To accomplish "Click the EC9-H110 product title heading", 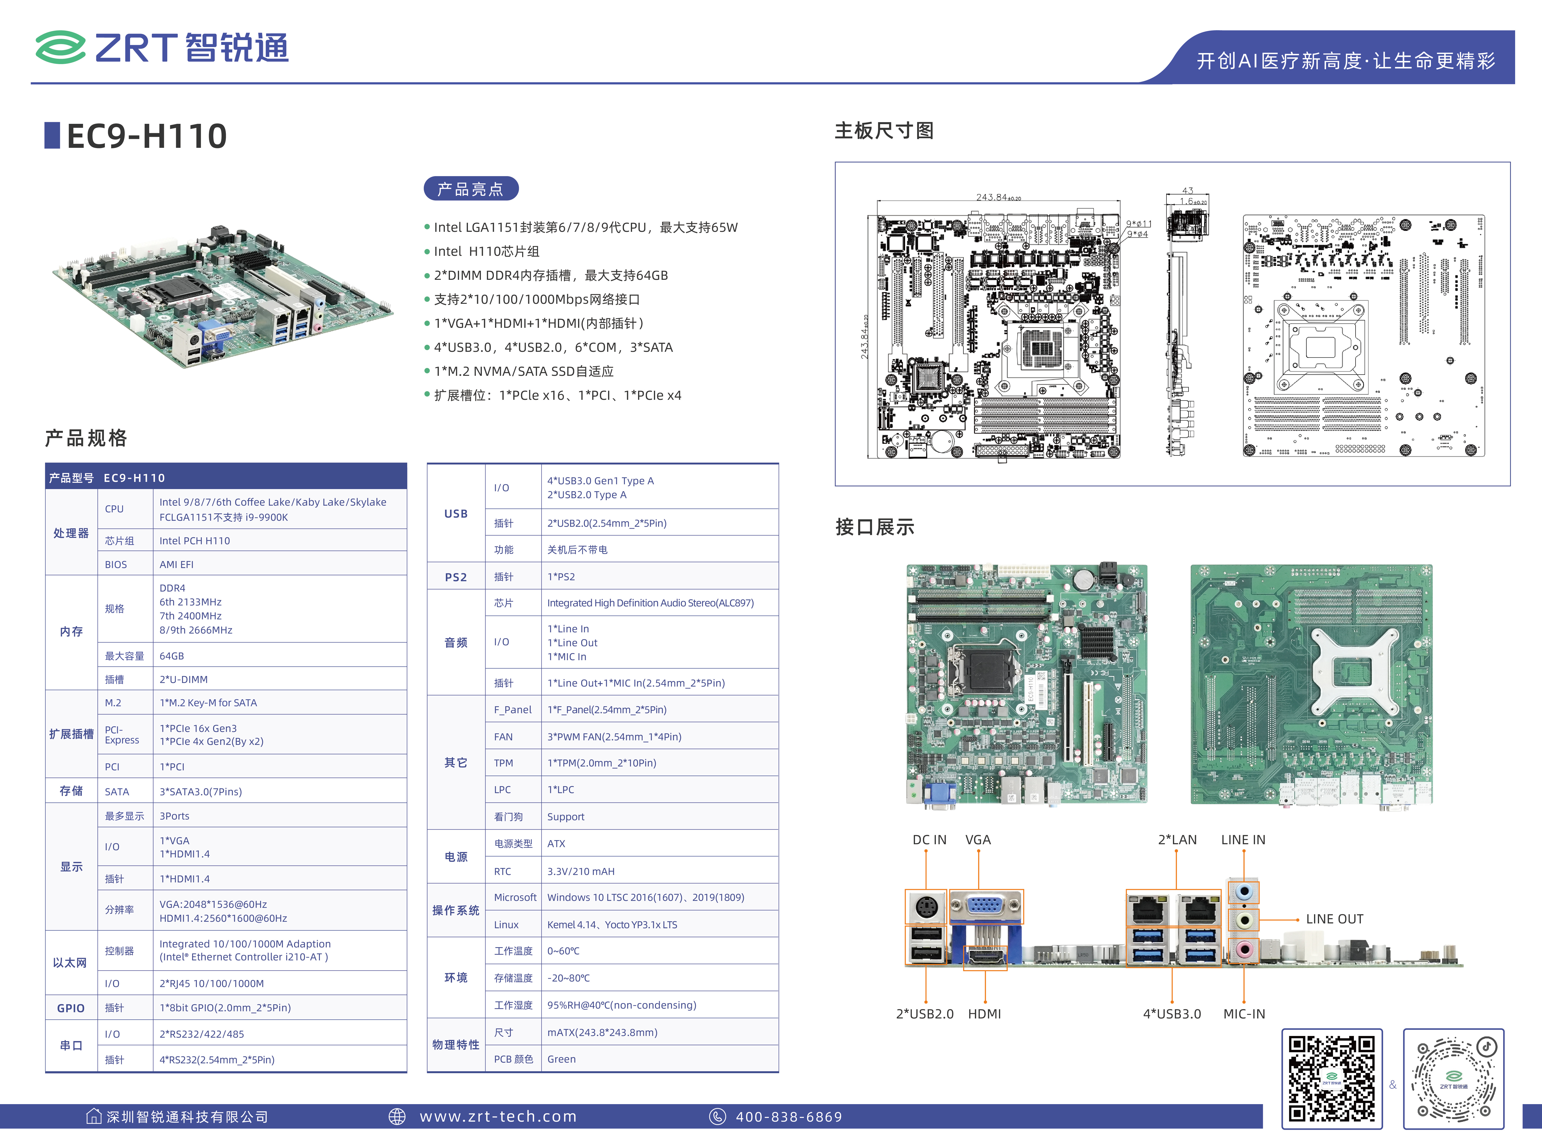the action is click(x=147, y=136).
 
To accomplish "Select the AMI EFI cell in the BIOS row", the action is click(x=176, y=565).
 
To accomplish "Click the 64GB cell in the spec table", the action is click(x=172, y=656).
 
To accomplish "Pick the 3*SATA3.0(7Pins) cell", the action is click(x=201, y=791).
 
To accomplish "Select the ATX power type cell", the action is click(x=556, y=844).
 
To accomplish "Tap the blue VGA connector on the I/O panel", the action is click(x=986, y=906).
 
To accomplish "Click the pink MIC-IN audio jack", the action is click(x=1244, y=949).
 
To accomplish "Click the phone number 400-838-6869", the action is click(x=789, y=1117).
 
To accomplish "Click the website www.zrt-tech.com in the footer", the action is click(x=498, y=1117).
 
